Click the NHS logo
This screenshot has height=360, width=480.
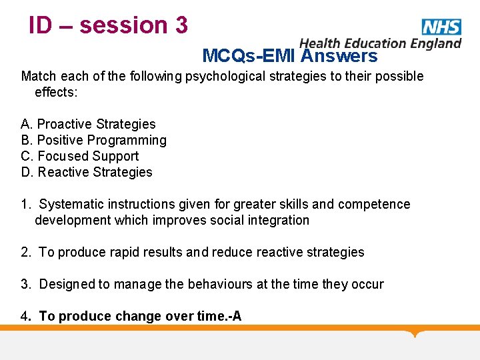[x=441, y=27]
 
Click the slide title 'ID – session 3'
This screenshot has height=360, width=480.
[x=108, y=25]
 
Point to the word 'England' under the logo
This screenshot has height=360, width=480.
[x=436, y=43]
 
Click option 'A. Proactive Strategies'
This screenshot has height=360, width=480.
[x=88, y=124]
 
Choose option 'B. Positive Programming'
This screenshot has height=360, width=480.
[x=93, y=140]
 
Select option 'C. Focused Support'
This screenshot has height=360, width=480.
[x=80, y=156]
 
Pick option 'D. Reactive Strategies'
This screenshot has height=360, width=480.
[x=87, y=172]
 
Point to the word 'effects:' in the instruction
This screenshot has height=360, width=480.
[x=56, y=92]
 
